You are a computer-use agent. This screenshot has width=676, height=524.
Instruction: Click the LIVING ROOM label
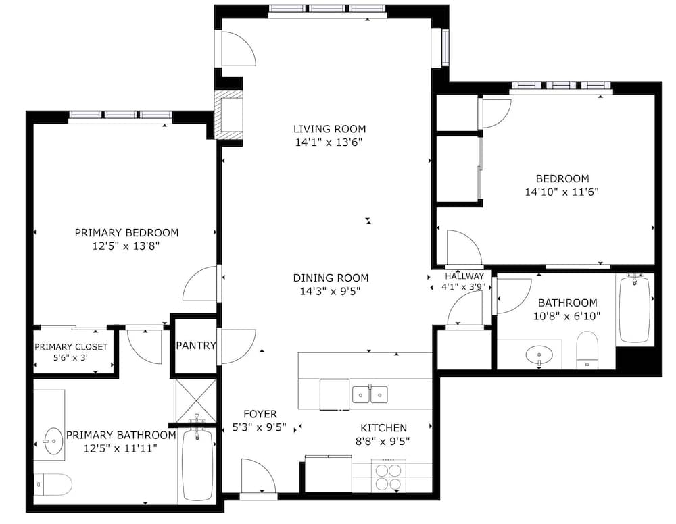[329, 129]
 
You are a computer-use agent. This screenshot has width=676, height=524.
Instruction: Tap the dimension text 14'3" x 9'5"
[331, 292]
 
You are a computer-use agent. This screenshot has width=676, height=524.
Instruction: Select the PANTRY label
[196, 345]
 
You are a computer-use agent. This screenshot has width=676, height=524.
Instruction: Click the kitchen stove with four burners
[389, 476]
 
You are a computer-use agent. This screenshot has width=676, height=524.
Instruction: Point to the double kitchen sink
[370, 394]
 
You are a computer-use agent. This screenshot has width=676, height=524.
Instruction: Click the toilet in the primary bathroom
[53, 485]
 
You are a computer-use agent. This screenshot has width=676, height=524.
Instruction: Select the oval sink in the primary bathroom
[53, 441]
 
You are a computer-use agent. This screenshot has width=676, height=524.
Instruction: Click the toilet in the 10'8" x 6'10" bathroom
[587, 350]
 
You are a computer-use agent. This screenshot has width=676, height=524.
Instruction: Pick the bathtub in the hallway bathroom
[635, 309]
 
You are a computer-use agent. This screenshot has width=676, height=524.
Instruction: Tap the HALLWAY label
[464, 276]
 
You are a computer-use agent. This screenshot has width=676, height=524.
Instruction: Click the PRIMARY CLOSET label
[71, 347]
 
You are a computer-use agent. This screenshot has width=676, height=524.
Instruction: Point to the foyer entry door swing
[258, 476]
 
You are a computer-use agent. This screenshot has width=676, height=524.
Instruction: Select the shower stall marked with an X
[195, 400]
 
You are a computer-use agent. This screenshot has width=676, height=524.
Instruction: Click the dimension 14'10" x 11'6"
[562, 192]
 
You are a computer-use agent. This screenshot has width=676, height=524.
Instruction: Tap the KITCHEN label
[383, 428]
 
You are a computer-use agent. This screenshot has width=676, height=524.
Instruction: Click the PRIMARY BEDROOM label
[127, 233]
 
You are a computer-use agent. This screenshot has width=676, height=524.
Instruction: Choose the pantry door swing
[239, 346]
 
